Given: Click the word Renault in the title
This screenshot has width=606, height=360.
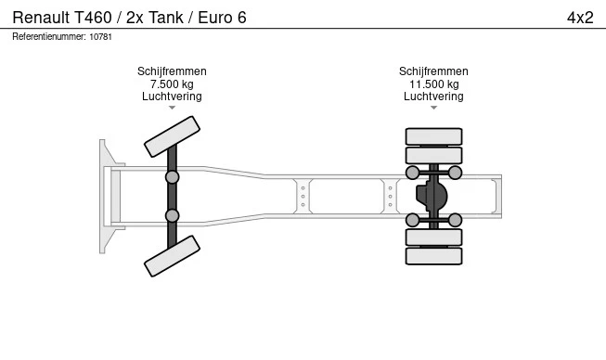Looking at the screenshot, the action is (41, 18).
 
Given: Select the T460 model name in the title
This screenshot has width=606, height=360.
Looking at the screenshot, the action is (93, 18).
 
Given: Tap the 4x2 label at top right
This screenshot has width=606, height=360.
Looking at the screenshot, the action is (580, 18).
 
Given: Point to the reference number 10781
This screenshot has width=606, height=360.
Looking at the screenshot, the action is (101, 37).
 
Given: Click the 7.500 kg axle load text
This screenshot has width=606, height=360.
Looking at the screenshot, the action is (172, 84).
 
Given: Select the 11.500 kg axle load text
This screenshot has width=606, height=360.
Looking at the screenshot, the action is (434, 84).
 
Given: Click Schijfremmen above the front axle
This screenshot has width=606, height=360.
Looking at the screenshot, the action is (172, 71).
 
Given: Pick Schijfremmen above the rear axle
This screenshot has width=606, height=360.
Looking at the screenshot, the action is (433, 71).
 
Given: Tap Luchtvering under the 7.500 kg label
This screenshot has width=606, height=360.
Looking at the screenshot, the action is (172, 96).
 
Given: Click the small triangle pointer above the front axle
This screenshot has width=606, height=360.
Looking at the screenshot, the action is (172, 108).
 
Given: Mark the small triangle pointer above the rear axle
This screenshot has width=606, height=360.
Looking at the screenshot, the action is (434, 108).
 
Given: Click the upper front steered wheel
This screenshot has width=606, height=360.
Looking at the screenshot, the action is (172, 136).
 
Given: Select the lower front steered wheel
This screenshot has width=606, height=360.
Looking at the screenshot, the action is (172, 256).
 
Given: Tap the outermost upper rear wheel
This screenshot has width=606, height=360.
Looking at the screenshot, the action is (433, 136).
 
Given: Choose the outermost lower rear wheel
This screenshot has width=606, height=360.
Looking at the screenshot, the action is (433, 256).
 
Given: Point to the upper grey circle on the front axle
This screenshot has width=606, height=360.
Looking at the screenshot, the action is (172, 177).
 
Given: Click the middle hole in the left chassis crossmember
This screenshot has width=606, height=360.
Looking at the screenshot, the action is (303, 197).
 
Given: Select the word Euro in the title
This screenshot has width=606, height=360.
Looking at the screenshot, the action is (214, 18).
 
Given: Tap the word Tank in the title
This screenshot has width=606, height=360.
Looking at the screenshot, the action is (166, 18).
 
